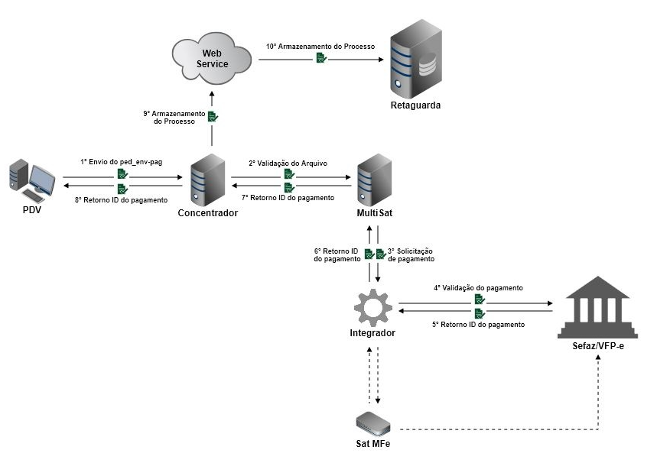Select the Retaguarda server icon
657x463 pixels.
[x=415, y=60]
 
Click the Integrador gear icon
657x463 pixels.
[x=373, y=306]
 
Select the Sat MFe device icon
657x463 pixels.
[x=375, y=422]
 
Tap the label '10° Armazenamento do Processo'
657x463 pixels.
[x=320, y=47]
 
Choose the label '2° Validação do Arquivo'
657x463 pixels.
[x=288, y=163]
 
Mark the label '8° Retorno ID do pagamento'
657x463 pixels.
[x=121, y=199]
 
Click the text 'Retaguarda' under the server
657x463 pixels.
[x=415, y=105]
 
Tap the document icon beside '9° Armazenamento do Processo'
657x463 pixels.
[x=213, y=117]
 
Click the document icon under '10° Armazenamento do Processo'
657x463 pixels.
[x=322, y=58]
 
